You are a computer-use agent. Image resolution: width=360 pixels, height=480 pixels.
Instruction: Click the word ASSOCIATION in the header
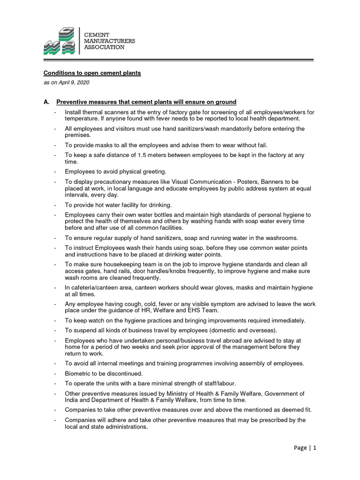pos(104,47)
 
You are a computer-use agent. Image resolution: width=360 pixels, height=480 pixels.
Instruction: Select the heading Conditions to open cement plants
pos(92,73)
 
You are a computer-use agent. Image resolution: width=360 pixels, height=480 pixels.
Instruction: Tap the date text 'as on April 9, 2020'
pos(66,82)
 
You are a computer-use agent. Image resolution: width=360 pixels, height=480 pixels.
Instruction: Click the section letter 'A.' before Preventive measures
pos(47,102)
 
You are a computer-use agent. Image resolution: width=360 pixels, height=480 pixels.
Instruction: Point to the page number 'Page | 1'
pos(305,448)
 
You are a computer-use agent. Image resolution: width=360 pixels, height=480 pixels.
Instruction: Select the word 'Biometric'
pos(78,374)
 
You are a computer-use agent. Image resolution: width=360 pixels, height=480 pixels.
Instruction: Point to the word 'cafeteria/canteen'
pos(95,287)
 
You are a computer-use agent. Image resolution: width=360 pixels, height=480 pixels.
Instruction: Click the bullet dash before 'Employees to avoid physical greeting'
pos(55,172)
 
